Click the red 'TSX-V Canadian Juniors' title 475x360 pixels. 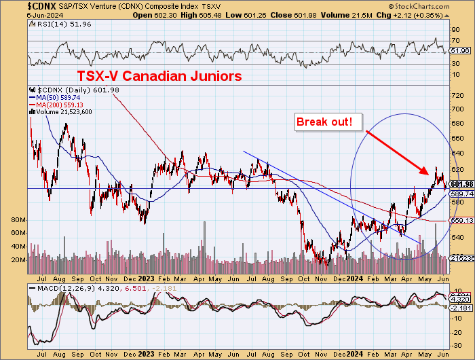point(159,76)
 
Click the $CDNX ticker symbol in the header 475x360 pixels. point(18,5)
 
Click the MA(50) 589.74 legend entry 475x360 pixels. point(56,98)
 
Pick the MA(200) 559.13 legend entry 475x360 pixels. point(58,105)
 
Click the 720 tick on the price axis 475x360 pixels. point(456,95)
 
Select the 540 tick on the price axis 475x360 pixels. point(456,237)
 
